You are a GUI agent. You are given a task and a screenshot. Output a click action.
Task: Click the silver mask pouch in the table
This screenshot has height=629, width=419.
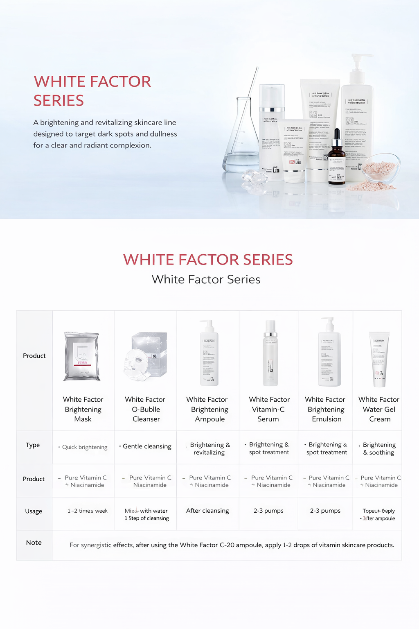pos(82,356)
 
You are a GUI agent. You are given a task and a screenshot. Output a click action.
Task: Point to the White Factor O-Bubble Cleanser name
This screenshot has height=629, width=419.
pos(145,409)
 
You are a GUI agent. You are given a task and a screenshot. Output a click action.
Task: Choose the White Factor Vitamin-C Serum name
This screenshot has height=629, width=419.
pos(269,409)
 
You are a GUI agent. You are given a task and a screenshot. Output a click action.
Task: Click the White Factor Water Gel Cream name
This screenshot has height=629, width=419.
pos(379,409)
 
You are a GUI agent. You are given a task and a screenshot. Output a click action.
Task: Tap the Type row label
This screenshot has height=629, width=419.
pos(33,445)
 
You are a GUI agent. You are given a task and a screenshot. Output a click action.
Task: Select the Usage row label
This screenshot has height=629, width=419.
pos(34,511)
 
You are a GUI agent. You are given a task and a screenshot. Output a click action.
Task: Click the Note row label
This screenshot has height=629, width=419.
pos(34,543)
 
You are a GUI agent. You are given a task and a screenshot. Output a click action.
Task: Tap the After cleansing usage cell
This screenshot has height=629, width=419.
pos(207,511)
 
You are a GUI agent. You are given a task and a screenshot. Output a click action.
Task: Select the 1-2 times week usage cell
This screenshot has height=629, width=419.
pos(88,511)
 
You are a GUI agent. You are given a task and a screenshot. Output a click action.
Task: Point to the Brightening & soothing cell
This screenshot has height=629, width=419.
pos(379,448)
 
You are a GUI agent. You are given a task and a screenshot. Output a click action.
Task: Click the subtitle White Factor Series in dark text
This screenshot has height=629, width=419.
pos(206,279)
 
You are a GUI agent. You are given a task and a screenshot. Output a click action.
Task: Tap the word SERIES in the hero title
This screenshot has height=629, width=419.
pos(59,101)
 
